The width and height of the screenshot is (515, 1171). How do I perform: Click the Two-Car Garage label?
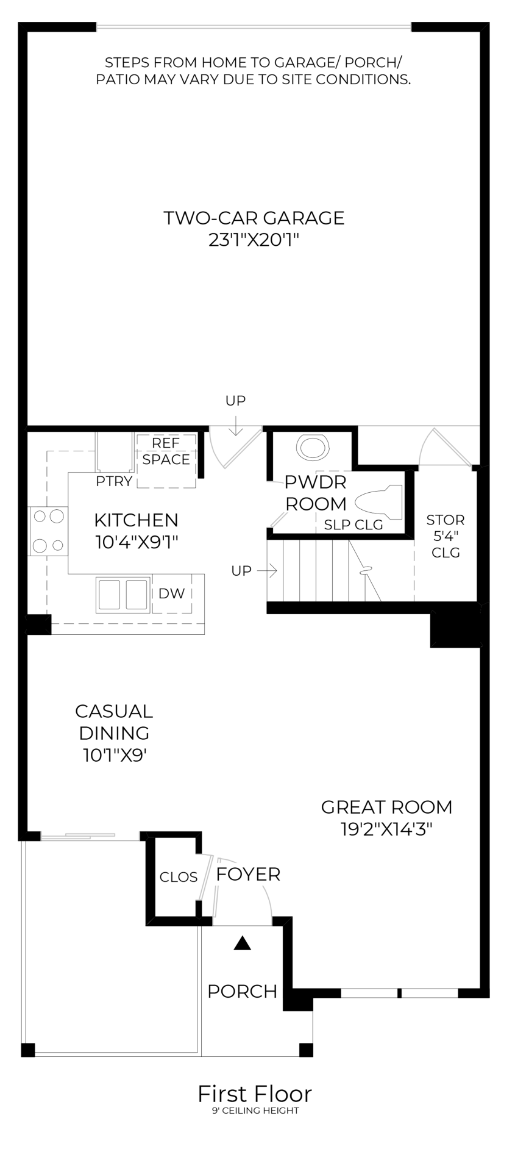click(254, 218)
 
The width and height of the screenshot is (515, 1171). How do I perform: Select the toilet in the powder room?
click(378, 502)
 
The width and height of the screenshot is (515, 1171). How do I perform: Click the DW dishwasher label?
click(171, 593)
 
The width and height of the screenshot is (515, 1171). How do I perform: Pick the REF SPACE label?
click(166, 451)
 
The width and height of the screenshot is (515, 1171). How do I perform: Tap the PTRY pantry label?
click(114, 481)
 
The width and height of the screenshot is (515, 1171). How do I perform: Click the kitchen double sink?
click(123, 594)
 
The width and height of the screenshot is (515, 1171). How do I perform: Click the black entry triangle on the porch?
click(243, 944)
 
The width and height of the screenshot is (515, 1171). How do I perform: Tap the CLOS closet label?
click(179, 877)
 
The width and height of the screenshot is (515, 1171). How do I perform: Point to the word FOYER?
click(248, 874)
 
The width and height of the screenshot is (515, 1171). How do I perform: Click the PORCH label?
click(242, 991)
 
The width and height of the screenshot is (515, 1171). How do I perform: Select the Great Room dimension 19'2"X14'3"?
click(386, 829)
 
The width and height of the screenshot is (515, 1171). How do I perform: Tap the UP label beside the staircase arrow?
click(241, 571)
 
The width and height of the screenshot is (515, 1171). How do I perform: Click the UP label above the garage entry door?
click(235, 401)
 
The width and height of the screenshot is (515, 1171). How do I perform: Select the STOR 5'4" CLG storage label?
click(446, 536)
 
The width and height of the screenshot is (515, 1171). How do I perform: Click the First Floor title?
click(254, 1094)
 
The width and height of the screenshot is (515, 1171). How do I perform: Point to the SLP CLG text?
click(353, 525)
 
